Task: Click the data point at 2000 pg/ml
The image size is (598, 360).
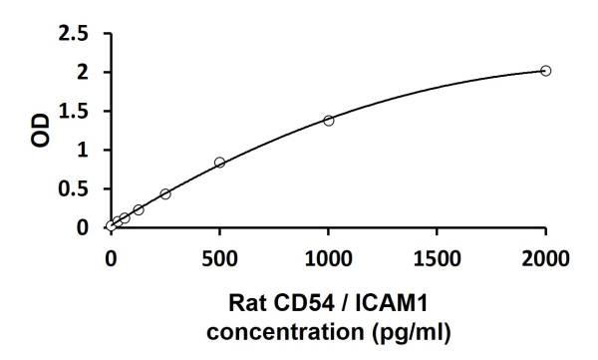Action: pos(545,71)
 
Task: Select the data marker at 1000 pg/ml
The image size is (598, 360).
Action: pos(328,120)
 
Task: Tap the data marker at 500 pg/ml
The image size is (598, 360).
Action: pos(219,163)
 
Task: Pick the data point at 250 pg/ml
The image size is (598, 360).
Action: pos(165,193)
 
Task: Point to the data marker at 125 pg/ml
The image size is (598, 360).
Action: pos(139,209)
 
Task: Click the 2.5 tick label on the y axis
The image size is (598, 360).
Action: pos(73,34)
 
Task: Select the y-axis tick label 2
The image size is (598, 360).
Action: pos(84,73)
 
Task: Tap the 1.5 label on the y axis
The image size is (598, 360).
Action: pos(73,112)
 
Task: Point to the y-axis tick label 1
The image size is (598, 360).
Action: pos(84,151)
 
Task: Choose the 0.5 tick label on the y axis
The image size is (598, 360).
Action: pos(73,189)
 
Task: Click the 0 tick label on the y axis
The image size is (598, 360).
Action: pos(84,227)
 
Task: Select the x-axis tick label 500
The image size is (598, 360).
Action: pos(220,259)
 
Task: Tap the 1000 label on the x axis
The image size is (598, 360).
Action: pos(328,259)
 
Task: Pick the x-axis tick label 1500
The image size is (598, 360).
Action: pos(437,259)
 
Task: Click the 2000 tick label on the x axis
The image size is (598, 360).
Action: pos(545,259)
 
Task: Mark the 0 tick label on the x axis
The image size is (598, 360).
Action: pos(112,259)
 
